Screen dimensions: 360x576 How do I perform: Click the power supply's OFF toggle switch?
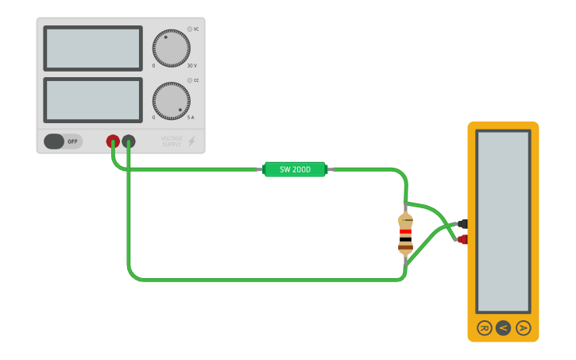63,141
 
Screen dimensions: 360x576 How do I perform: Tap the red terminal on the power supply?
114,141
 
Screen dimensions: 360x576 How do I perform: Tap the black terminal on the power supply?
128,141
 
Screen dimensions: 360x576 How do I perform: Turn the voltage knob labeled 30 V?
171,48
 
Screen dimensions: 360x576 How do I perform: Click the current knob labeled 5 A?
171,101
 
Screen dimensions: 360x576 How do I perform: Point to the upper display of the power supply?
93,48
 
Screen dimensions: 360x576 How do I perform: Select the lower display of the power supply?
93,100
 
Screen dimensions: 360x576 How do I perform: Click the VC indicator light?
190,29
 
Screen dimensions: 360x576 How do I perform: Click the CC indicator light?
190,80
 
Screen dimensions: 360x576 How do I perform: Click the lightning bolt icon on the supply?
191,141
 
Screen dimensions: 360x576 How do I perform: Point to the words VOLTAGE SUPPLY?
172,141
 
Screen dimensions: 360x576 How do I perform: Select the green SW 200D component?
295,169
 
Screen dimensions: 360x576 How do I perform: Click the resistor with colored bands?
405,234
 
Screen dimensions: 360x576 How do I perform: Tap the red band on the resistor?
405,232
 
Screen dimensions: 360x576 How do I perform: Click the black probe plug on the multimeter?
462,224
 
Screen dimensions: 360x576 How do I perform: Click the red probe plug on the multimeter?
462,239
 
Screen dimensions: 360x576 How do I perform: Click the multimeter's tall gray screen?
503,221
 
